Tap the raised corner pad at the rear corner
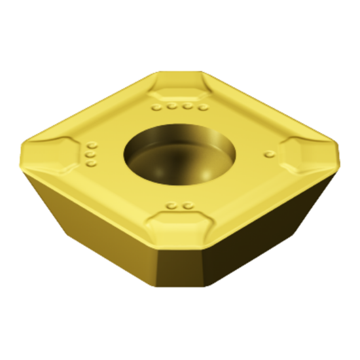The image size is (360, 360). tap(178, 86)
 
